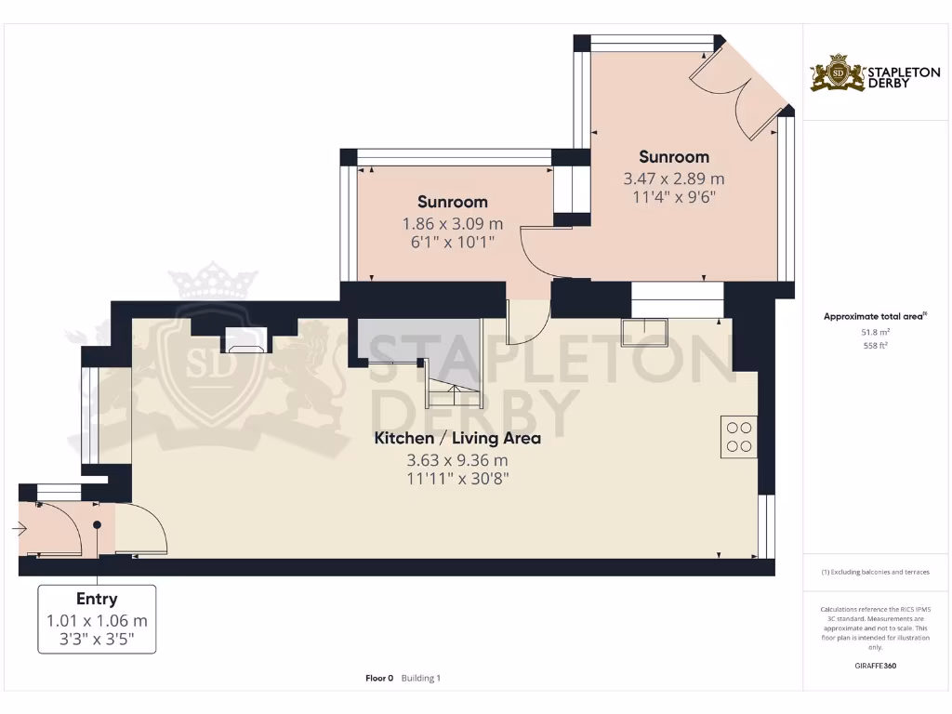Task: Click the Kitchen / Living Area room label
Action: click(x=456, y=438)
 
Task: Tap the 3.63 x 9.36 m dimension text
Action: click(x=456, y=459)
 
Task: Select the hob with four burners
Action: click(x=738, y=437)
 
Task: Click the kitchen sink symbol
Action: click(x=644, y=331)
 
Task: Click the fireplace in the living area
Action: click(x=245, y=340)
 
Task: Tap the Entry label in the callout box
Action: click(x=97, y=600)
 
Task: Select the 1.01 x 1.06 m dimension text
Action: click(x=97, y=620)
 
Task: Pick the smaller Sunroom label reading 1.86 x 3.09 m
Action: click(x=452, y=202)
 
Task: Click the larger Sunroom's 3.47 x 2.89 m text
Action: click(x=673, y=178)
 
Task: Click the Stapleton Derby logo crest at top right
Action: click(x=837, y=73)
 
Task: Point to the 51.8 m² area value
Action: click(x=875, y=331)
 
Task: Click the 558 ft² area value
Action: click(x=875, y=345)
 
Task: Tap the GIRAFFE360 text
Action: click(x=875, y=666)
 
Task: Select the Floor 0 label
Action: click(x=379, y=678)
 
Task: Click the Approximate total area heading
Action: click(x=874, y=316)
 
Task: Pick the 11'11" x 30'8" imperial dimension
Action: click(x=456, y=479)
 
